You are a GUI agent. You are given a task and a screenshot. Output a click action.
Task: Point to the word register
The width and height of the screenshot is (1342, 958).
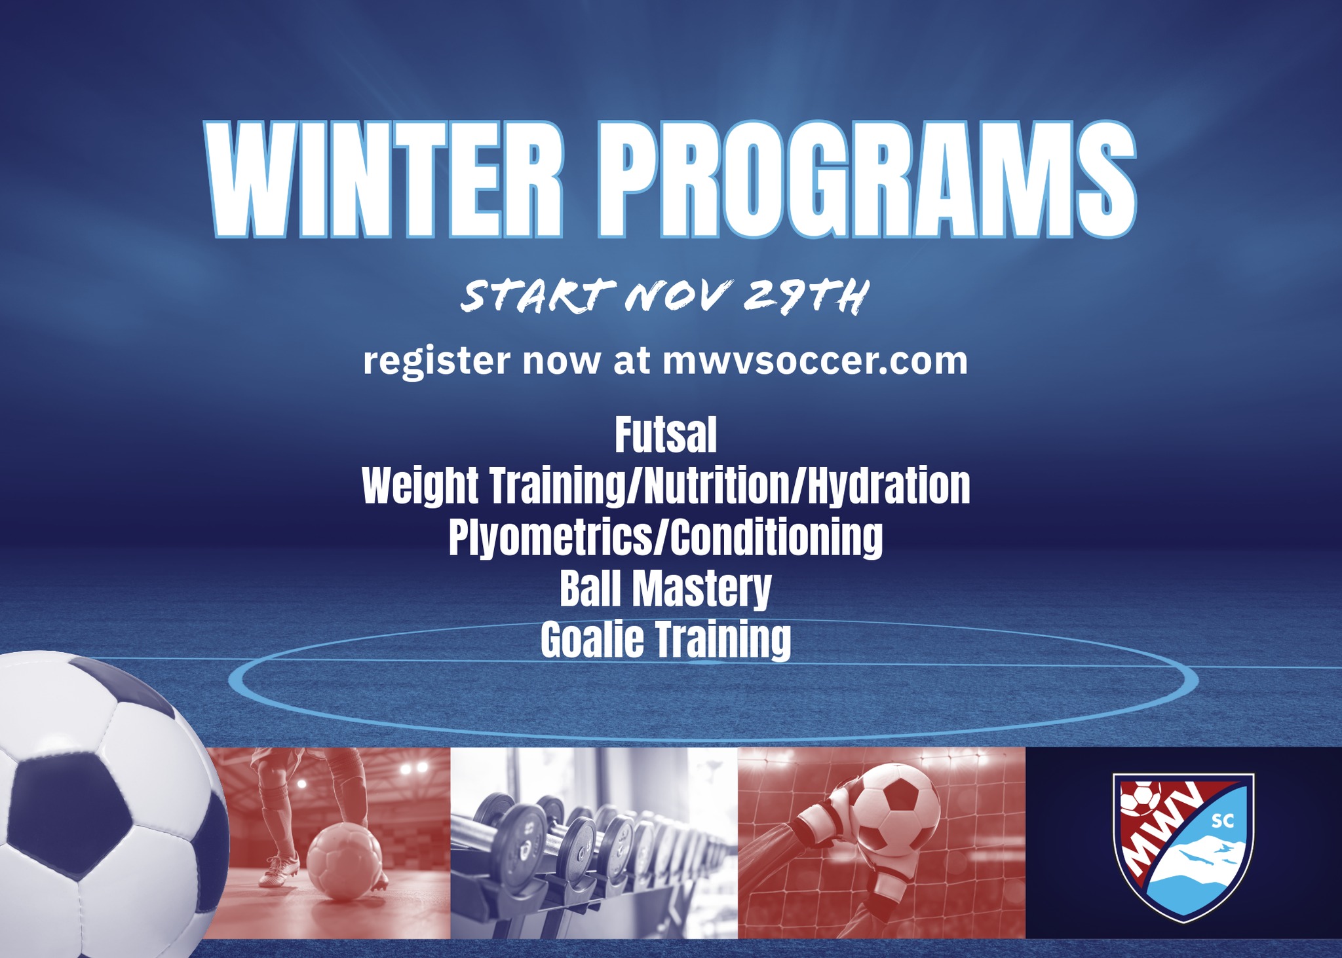436,361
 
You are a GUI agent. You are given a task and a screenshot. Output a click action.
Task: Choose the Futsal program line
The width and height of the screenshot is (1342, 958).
665,435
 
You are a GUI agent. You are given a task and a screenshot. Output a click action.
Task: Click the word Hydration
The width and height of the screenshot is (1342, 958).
889,487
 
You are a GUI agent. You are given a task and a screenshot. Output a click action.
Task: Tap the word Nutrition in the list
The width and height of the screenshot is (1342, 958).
717,487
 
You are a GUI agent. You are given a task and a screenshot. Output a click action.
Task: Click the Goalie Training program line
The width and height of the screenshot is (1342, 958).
665,640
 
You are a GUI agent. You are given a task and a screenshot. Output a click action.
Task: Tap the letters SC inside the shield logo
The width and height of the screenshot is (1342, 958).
1218,821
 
